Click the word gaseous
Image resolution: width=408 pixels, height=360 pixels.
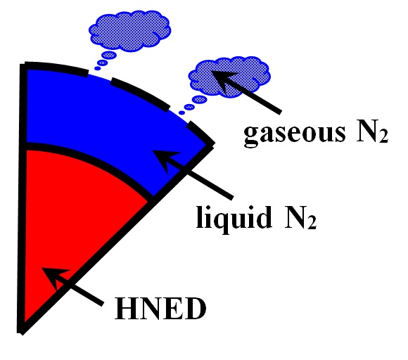[x=295, y=135]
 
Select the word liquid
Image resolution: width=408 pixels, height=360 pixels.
[x=234, y=219]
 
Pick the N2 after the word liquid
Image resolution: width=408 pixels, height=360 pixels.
[x=300, y=217]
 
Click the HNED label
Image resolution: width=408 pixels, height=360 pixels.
[x=160, y=309]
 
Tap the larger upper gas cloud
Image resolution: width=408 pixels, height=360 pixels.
[x=129, y=30]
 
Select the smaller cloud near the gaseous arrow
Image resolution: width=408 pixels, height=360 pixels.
[x=229, y=77]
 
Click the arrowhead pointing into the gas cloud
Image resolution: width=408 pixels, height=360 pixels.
[x=222, y=79]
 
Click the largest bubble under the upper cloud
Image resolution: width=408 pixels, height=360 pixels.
[x=109, y=55]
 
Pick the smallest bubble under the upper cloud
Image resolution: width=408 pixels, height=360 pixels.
[x=97, y=68]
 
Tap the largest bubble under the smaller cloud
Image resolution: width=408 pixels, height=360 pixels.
[x=200, y=99]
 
